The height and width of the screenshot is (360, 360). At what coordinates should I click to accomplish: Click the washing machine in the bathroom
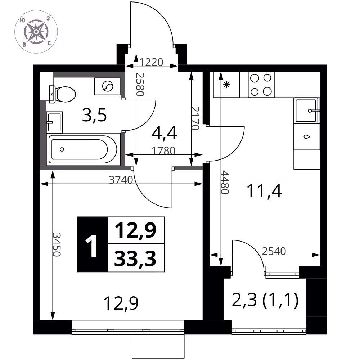coord(107,86)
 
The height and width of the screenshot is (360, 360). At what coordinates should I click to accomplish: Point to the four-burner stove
coord(261,84)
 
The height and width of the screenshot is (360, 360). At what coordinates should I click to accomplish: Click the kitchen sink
coord(306,111)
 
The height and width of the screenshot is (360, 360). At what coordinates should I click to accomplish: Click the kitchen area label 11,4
coord(264,191)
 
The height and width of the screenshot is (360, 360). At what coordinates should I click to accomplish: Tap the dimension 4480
coord(225,182)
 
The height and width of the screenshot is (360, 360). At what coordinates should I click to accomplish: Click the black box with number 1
coord(93,245)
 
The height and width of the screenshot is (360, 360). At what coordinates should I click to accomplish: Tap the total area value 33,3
coord(135,258)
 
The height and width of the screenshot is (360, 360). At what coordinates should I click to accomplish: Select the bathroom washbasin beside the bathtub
coord(54,122)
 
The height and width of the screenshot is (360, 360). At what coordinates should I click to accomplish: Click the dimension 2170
coord(195,118)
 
